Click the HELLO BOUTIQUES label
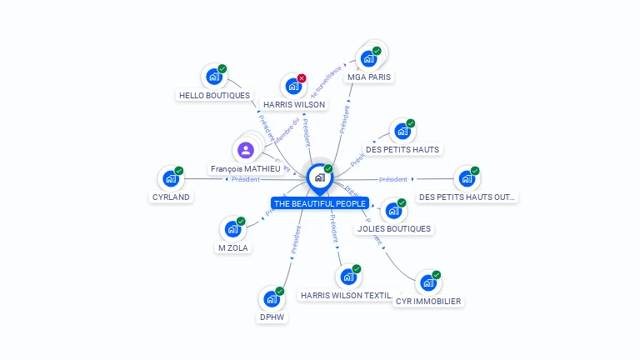214,95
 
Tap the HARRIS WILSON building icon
292,86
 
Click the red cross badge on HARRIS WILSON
302,78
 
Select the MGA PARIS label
369,77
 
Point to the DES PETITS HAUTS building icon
402,132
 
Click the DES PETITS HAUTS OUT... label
467,197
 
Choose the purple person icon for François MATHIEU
245,150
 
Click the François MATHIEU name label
245,168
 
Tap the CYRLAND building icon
170,178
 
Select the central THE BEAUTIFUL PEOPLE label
319,203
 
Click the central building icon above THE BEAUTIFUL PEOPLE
319,177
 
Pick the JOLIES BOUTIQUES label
394,228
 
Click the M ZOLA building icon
232,229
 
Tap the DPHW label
272,317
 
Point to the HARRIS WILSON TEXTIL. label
347,295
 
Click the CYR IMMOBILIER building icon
427,283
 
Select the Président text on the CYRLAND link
245,179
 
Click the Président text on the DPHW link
295,239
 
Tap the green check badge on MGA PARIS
377,51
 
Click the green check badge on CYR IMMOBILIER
436,275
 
